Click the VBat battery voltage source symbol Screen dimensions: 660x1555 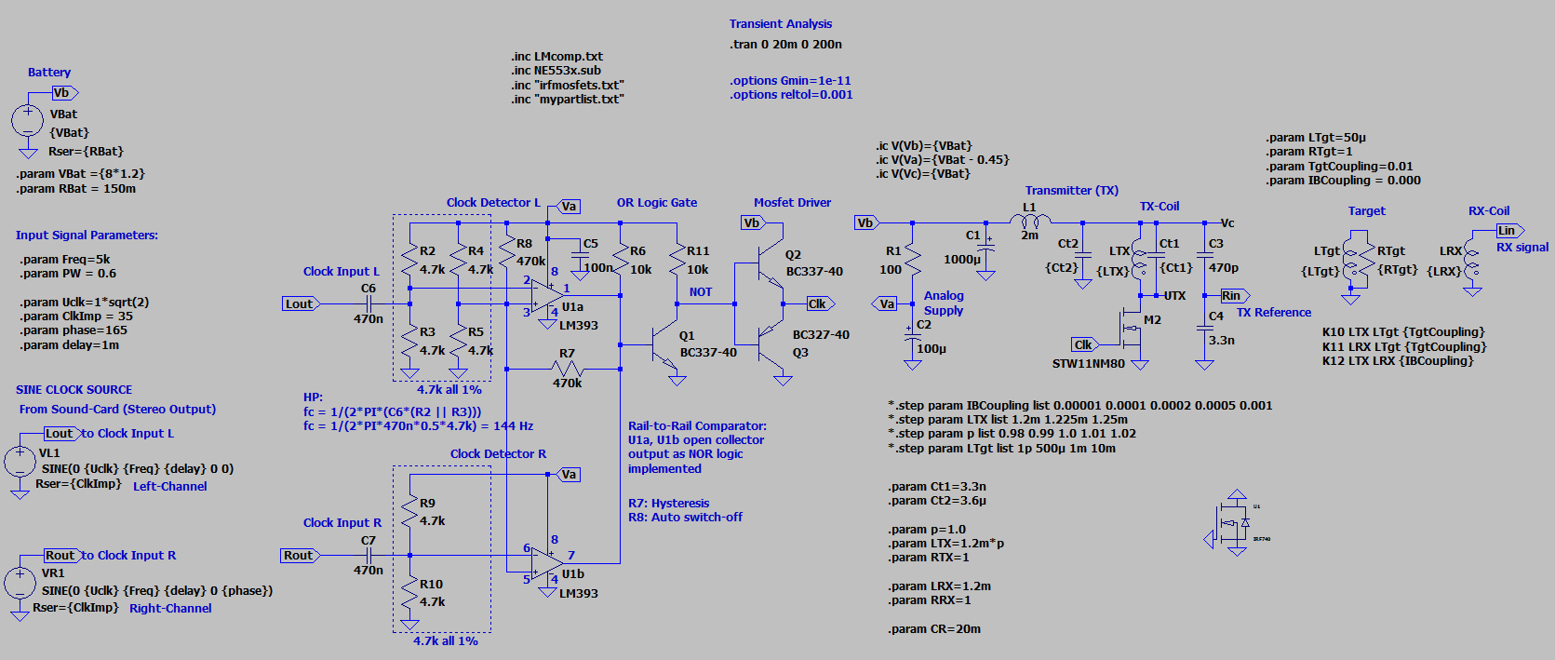[27, 120]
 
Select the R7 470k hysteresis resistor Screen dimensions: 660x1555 [567, 369]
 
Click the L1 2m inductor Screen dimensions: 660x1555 [1030, 222]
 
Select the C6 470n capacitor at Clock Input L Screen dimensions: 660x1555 [369, 303]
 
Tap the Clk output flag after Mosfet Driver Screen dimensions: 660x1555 [819, 303]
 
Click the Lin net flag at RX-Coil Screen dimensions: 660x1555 [1508, 231]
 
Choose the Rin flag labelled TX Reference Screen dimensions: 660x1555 [1233, 296]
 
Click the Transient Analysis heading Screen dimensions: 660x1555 [780, 24]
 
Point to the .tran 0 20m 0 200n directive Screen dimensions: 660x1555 [785, 45]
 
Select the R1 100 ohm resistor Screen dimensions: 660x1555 [912, 260]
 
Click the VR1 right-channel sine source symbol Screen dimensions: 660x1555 [20, 583]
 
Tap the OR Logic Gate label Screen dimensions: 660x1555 [656, 203]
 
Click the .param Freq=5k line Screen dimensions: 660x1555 [65, 260]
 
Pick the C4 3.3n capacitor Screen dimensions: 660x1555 [1204, 328]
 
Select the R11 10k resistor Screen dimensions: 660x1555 [677, 260]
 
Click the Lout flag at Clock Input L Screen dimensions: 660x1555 [300, 303]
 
